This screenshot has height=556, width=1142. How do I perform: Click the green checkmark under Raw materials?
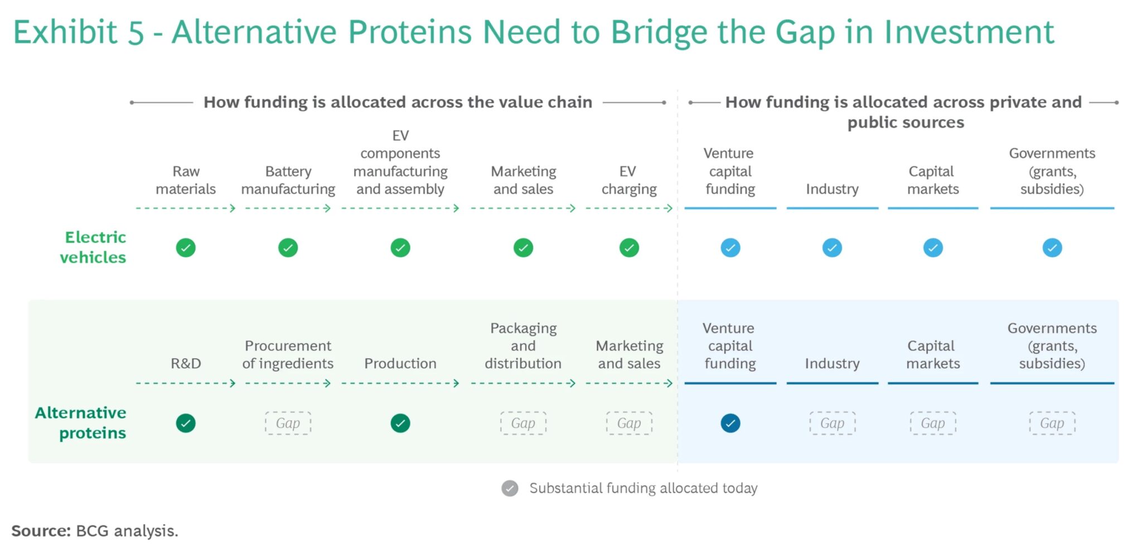[186, 248]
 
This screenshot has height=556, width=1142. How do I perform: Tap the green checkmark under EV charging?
[629, 248]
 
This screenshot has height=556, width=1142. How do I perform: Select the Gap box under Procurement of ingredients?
[288, 423]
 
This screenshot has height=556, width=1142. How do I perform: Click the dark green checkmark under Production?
[400, 423]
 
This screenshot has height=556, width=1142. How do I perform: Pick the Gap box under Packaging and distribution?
[523, 423]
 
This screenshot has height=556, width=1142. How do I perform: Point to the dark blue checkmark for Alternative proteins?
[730, 423]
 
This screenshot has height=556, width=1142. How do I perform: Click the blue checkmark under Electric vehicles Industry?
[832, 248]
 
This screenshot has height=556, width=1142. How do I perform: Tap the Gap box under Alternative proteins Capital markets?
[933, 423]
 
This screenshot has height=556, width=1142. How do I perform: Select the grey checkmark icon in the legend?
[510, 489]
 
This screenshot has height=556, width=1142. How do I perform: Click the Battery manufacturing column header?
[288, 180]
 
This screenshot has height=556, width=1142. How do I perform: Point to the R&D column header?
[186, 364]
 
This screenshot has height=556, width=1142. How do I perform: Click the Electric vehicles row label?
[94, 247]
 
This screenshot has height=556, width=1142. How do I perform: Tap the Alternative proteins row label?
[81, 423]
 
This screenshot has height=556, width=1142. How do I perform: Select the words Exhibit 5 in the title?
[79, 32]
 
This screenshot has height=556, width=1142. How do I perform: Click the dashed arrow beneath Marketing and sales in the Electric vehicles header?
[522, 209]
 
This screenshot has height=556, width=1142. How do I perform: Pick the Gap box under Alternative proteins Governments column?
[1052, 423]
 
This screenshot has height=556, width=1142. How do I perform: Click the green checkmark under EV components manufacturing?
[400, 248]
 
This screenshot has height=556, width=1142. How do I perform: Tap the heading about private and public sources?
[904, 112]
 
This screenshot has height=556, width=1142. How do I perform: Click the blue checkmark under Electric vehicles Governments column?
[1052, 248]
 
